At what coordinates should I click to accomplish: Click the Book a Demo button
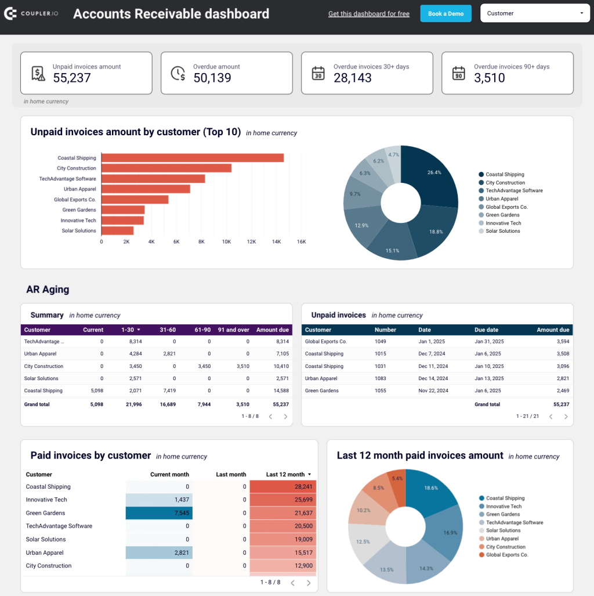[445, 13]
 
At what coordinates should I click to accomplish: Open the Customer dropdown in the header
[535, 13]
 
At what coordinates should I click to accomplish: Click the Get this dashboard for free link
[369, 14]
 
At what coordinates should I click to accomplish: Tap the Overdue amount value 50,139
[212, 78]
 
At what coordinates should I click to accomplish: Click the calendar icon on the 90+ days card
[458, 73]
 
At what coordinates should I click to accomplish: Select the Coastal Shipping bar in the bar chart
[193, 158]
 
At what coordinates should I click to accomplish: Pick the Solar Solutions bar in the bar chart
[118, 231]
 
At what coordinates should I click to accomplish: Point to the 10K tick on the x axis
[226, 241]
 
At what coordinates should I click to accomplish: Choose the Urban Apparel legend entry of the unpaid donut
[502, 199]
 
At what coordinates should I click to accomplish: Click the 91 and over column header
[234, 330]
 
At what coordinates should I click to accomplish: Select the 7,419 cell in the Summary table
[167, 391]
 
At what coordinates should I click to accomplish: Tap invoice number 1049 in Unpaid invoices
[381, 342]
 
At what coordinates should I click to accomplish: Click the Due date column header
[487, 330]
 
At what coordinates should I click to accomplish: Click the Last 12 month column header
[285, 475]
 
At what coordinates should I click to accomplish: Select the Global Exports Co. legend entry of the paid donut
[506, 555]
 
